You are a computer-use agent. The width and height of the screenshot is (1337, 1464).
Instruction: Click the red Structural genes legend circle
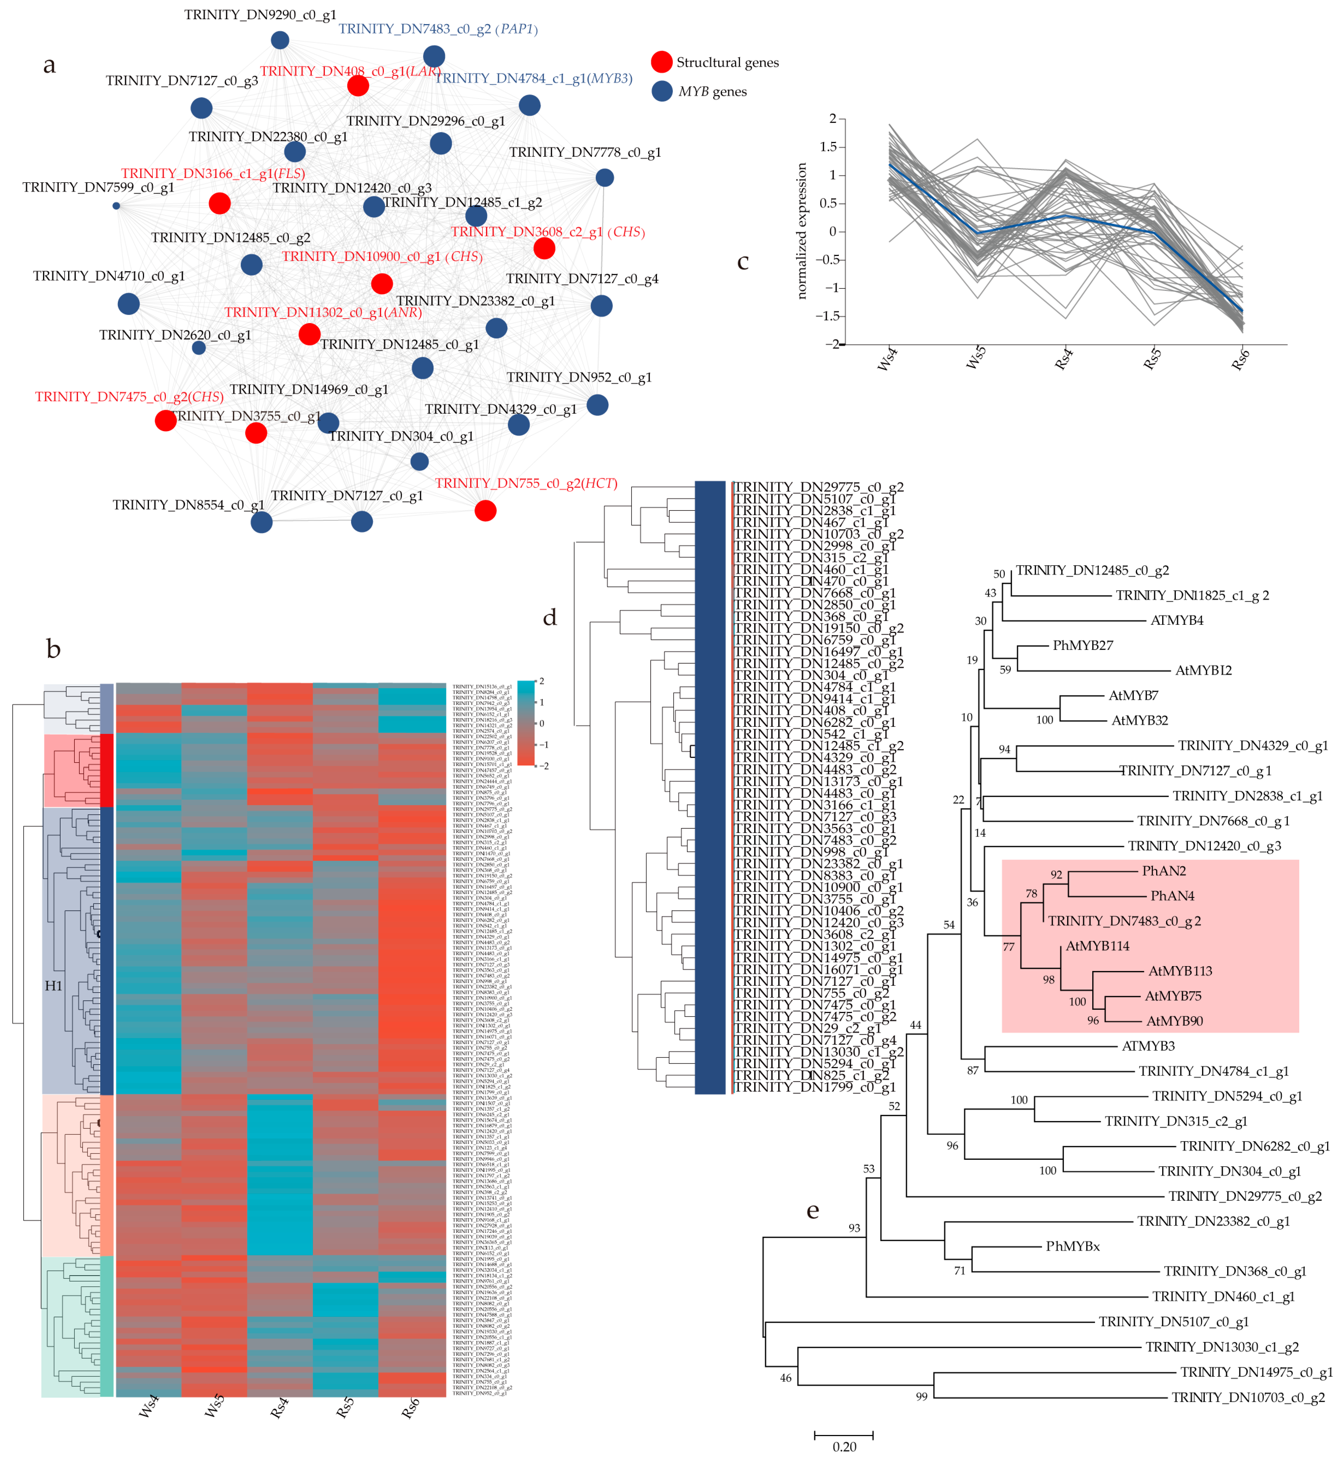click(661, 63)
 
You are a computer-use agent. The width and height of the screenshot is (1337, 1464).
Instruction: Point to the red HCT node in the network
click(485, 510)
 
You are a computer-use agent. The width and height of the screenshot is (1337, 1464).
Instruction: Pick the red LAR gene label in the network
click(351, 71)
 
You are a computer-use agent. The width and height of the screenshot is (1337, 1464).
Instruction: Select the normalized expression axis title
click(802, 231)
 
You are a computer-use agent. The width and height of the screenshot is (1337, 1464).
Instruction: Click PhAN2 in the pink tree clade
click(1164, 871)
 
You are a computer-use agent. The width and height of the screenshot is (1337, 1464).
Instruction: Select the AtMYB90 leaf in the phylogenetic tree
click(1174, 1021)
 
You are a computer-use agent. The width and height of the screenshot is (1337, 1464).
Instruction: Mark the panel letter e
click(813, 1211)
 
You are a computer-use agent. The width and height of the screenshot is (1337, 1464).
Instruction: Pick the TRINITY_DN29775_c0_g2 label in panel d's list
click(818, 487)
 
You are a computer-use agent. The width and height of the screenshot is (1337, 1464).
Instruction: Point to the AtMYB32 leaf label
click(1139, 720)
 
